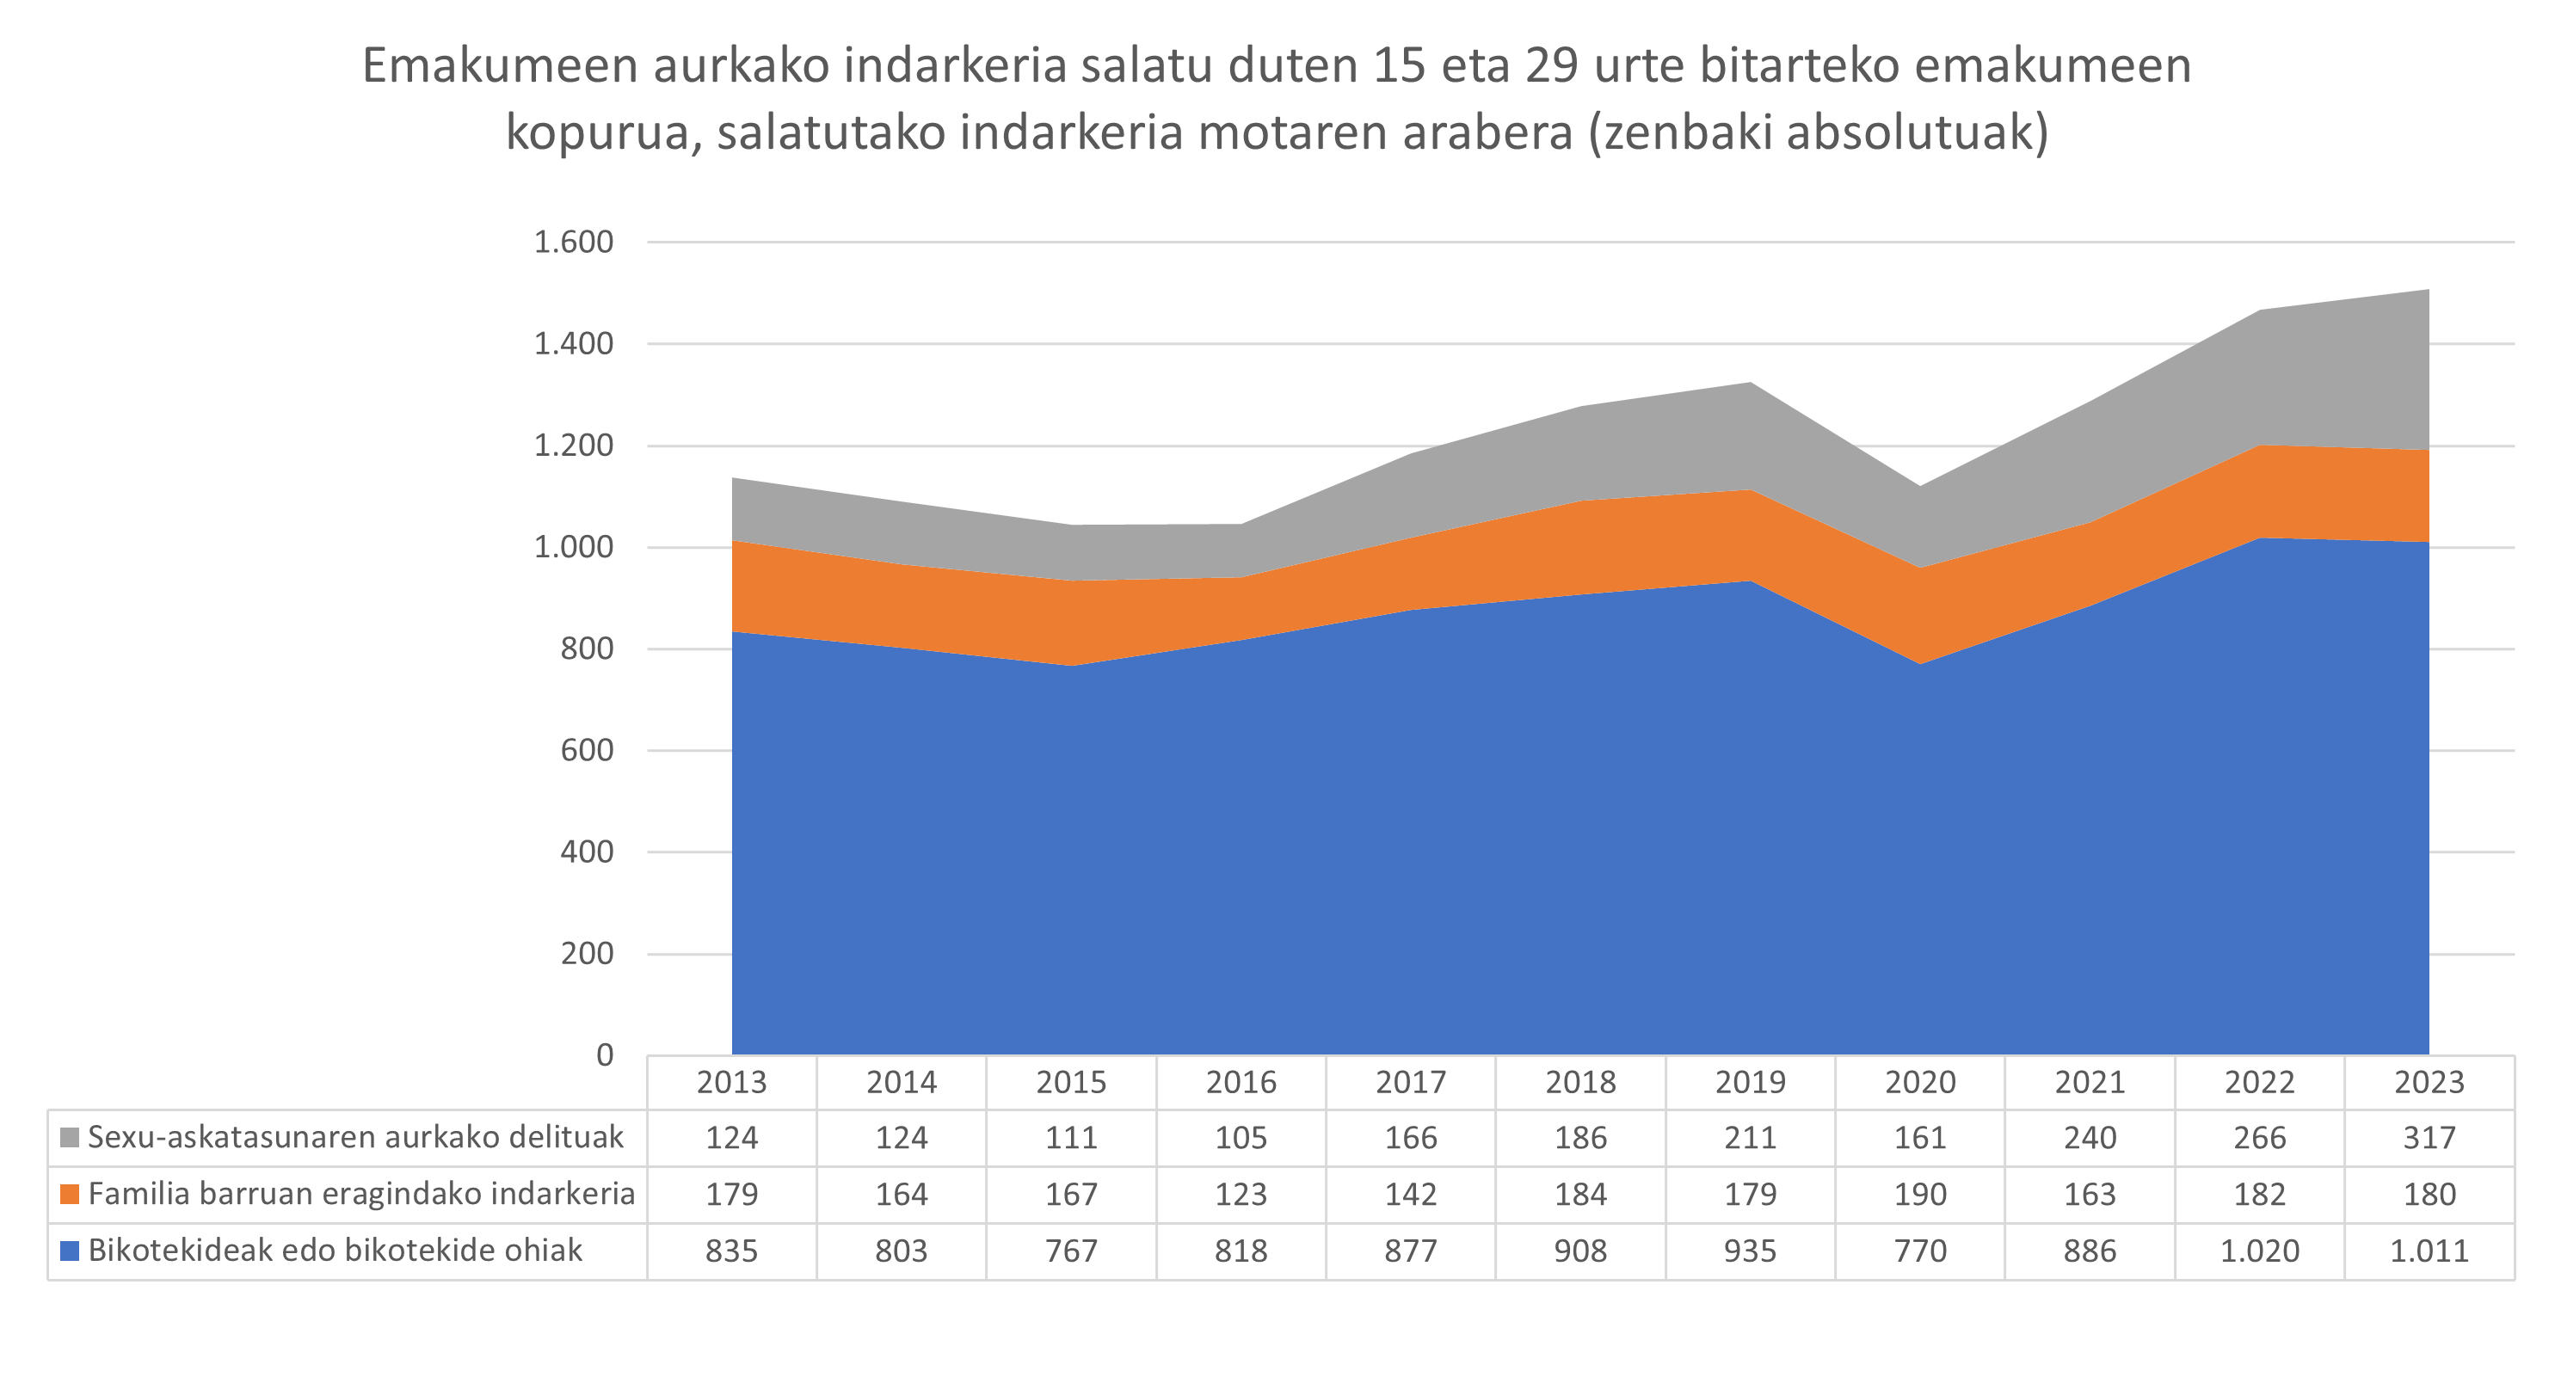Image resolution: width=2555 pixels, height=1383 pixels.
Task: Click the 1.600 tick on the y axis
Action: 573,242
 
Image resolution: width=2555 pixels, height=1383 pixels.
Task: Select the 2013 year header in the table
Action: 731,1082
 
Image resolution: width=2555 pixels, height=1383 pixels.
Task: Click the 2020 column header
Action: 1919,1082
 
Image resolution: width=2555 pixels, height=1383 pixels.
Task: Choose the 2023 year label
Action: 2429,1082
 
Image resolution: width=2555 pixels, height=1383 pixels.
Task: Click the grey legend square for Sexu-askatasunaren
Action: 70,1137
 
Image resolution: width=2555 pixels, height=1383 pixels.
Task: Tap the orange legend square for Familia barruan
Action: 70,1194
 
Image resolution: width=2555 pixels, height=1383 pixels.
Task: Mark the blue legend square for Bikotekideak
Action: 70,1251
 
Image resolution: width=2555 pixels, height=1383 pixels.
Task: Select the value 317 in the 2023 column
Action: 2429,1137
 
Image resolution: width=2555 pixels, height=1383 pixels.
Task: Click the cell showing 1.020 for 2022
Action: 2259,1251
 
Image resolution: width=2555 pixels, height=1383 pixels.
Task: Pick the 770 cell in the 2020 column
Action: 1919,1251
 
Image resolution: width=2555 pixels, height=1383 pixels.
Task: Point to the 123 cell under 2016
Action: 1241,1194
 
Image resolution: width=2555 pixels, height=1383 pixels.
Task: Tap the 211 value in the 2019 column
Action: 1750,1137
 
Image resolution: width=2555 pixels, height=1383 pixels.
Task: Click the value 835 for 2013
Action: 731,1251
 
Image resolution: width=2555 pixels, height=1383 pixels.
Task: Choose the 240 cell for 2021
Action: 2090,1137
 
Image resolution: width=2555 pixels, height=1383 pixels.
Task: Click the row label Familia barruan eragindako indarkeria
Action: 361,1194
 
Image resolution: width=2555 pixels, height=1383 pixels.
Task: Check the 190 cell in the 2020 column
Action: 1919,1194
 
